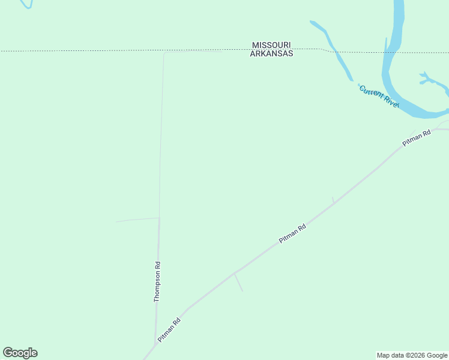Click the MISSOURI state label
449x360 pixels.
tap(272, 45)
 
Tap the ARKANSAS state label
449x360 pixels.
tap(272, 53)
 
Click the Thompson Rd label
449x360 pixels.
tap(157, 281)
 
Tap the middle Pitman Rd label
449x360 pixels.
tap(293, 233)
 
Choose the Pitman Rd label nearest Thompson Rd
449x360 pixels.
tap(169, 330)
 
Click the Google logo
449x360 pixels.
tap(20, 353)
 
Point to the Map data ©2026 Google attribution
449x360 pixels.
tap(412, 355)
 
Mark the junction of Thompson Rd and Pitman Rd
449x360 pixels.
tap(155, 340)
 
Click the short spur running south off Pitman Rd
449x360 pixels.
tap(239, 283)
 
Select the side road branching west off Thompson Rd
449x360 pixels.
tap(137, 220)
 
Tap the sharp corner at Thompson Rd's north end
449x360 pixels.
tap(164, 53)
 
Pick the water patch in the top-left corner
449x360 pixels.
tap(25, 4)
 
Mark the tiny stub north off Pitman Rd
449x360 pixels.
tap(333, 200)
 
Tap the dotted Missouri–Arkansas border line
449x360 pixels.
tap(90, 50)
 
